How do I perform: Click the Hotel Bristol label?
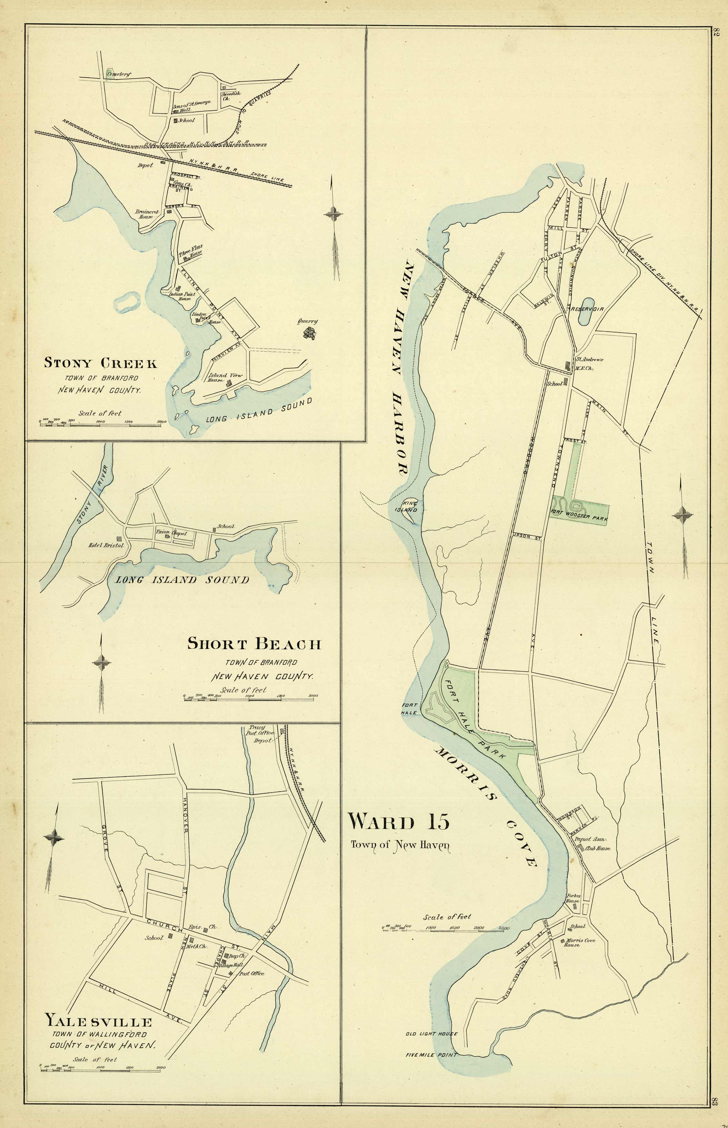tap(106, 545)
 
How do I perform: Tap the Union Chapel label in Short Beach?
tap(171, 532)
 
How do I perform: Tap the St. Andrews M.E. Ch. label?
tap(588, 363)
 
